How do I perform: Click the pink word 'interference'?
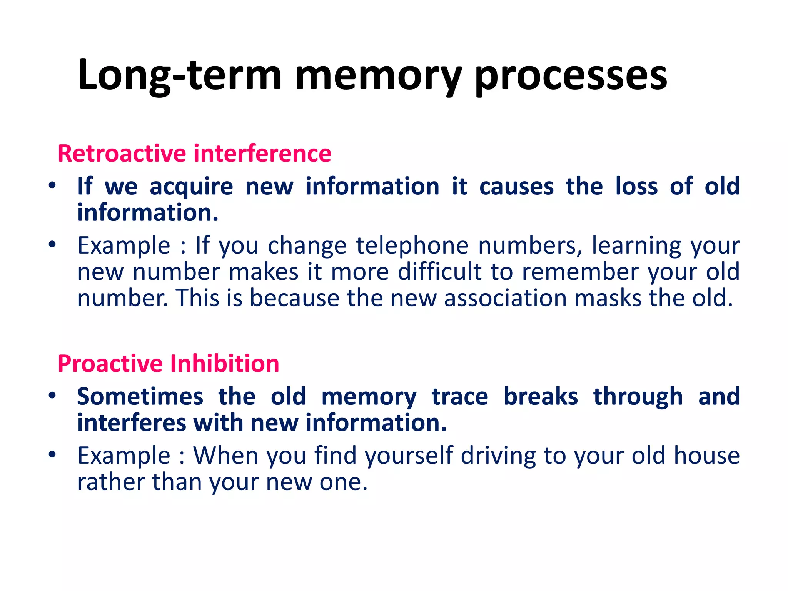(x=262, y=154)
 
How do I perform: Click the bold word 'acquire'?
(x=191, y=187)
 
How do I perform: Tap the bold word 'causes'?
(x=516, y=187)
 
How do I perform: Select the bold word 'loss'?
(x=636, y=187)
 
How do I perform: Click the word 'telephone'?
(x=412, y=246)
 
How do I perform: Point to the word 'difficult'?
(x=439, y=272)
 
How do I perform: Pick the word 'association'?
(x=505, y=298)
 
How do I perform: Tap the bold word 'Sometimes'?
(x=140, y=397)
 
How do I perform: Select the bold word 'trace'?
(x=460, y=397)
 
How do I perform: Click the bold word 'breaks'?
(x=541, y=397)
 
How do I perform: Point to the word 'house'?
(x=706, y=456)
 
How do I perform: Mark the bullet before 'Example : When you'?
(x=52, y=454)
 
